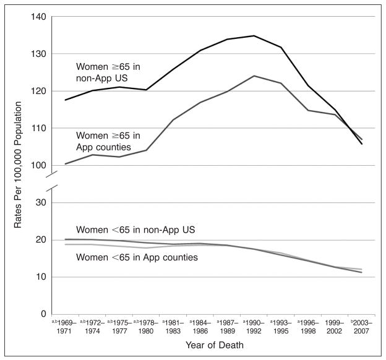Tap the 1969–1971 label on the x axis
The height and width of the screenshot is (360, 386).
coord(64,327)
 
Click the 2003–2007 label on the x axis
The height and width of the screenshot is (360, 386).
coord(360,327)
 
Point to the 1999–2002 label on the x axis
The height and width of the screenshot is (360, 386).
coord(335,327)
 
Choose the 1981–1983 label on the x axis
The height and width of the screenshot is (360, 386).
coord(173,327)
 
